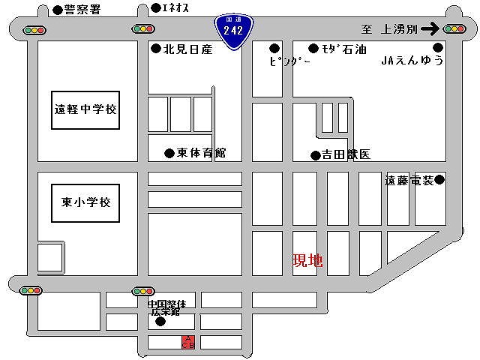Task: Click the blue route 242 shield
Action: click(233, 33)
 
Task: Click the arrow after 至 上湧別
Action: click(430, 29)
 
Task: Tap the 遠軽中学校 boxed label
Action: click(87, 109)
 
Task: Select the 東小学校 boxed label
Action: click(86, 201)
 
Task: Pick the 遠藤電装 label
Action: click(409, 181)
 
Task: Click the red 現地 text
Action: click(307, 261)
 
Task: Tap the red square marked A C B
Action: click(187, 342)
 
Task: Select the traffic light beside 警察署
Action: click(34, 30)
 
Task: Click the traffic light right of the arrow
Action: click(454, 29)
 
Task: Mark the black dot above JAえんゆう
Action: click(438, 47)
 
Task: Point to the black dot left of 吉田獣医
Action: click(316, 156)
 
